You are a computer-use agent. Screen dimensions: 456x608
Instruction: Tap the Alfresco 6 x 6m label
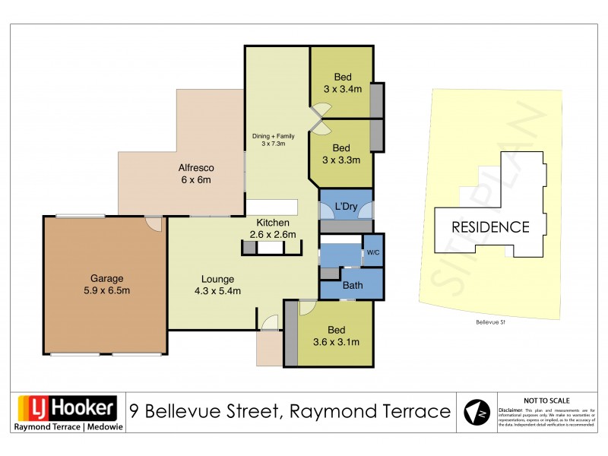tap(195, 174)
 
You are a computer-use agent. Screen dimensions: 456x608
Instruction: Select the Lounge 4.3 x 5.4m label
tap(217, 284)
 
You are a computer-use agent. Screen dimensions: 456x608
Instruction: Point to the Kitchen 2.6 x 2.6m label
tap(272, 228)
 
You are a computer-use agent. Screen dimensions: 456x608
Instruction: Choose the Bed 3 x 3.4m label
tap(342, 82)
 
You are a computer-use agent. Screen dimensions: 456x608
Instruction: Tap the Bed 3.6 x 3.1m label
tap(336, 336)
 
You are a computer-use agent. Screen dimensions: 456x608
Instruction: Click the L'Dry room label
tap(346, 207)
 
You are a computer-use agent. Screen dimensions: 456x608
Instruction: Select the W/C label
tap(372, 252)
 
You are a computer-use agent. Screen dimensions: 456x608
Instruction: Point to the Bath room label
tap(352, 286)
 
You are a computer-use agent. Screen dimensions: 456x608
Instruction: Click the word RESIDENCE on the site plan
tap(490, 226)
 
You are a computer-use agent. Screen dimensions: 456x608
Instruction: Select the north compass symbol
tap(477, 411)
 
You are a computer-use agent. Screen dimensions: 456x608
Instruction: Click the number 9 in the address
tap(134, 411)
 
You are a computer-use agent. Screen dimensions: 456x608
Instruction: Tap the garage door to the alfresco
tap(154, 223)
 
